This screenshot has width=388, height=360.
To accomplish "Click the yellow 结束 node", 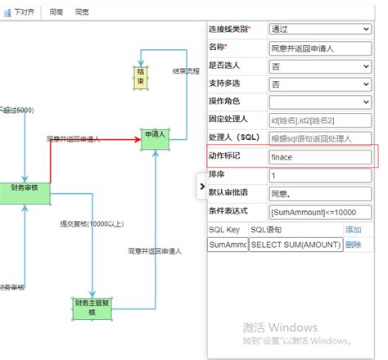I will tap(141, 78).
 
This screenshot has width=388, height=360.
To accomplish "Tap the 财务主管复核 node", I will tap(91, 308).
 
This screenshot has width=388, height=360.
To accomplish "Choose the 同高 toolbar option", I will tap(56, 12).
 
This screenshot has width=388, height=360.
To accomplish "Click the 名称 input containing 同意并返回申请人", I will tap(319, 48).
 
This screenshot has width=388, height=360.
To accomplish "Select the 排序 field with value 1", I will tap(319, 175).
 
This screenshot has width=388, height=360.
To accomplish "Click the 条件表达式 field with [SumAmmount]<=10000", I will tap(319, 212).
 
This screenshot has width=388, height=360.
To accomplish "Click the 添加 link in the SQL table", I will tap(353, 230).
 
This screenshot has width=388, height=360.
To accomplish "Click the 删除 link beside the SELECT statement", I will tap(353, 245).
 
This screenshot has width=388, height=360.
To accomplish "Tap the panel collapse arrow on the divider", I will tap(202, 187).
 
